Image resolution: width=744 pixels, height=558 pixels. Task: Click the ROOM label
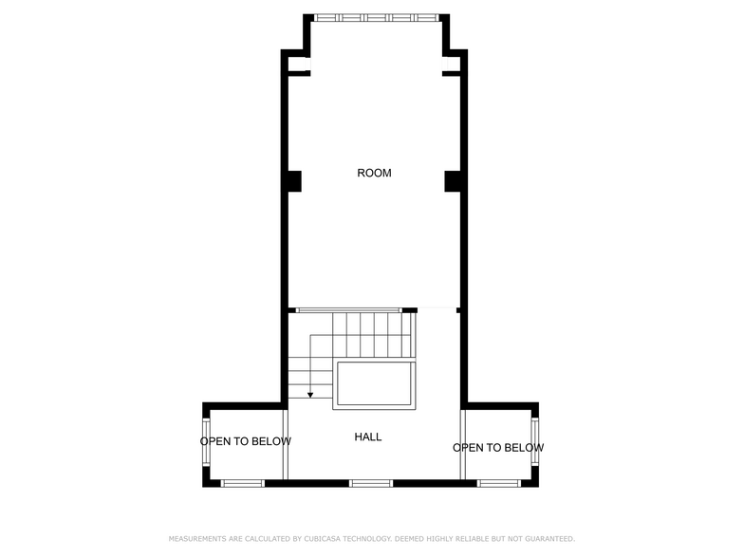[x=374, y=173]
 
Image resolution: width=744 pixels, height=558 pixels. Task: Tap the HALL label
[x=368, y=437]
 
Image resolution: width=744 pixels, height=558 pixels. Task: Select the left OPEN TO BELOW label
[x=246, y=441]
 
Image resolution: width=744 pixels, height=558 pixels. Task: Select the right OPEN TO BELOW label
[x=498, y=448]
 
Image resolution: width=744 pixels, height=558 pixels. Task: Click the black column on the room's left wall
[x=293, y=180]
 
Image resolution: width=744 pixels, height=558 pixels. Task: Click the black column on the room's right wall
[x=453, y=180]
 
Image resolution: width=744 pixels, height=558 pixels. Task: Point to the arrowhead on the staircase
[x=310, y=395]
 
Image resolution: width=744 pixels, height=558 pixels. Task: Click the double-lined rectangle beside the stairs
[x=374, y=384]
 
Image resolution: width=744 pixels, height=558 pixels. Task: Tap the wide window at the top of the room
[x=377, y=17]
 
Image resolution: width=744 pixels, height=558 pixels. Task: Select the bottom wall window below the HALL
[x=371, y=483]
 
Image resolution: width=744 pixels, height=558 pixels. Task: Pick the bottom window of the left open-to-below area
[x=243, y=483]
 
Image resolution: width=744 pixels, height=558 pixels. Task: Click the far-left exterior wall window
[x=206, y=443]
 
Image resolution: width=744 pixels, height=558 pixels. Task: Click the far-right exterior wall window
[x=535, y=443]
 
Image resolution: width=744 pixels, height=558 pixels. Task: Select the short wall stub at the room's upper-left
[x=298, y=73]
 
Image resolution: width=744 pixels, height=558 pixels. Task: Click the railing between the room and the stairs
[x=348, y=309]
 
